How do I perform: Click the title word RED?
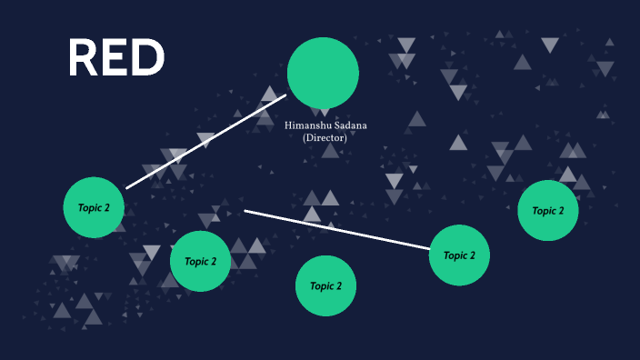(x=116, y=57)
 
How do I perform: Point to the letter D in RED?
(x=149, y=57)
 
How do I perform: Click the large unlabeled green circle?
(x=323, y=74)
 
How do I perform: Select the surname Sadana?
(x=349, y=125)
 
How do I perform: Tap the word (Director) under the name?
(x=325, y=138)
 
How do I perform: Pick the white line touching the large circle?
(x=206, y=141)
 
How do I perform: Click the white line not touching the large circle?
(x=336, y=230)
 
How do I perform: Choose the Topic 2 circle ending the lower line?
(x=459, y=255)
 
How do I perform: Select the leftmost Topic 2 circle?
(x=94, y=207)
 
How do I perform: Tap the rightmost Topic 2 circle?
(x=548, y=210)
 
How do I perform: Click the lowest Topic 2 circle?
(x=325, y=285)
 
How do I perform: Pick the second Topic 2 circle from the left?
(x=200, y=261)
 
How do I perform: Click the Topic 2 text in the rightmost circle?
(x=548, y=210)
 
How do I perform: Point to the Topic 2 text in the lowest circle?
(x=325, y=285)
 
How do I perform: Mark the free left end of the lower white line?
(x=246, y=212)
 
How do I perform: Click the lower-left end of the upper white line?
(x=127, y=187)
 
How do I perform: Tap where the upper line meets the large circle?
(x=285, y=95)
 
